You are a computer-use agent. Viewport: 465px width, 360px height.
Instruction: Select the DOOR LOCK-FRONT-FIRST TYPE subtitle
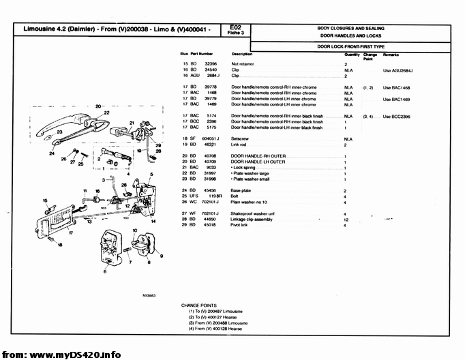[351, 46]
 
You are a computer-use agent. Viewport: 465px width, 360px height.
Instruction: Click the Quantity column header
[352, 54]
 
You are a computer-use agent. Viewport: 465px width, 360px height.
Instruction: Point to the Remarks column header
[391, 54]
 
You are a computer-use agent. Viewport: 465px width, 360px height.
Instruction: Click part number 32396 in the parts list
[210, 63]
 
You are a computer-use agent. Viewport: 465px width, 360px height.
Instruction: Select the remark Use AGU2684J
[399, 70]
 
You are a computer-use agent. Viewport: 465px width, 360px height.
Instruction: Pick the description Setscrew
[241, 138]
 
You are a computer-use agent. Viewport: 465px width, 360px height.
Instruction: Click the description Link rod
[241, 145]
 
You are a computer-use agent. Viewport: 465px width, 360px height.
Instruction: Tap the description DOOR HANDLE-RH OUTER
[258, 156]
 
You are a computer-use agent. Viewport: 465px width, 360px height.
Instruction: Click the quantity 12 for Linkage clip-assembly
[346, 220]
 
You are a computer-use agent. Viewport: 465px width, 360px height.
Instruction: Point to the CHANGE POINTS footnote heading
[198, 305]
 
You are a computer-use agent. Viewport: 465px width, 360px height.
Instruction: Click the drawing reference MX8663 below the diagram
[149, 296]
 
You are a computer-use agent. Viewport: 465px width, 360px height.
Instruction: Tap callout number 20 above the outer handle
[98, 106]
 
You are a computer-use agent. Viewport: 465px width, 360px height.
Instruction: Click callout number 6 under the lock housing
[104, 271]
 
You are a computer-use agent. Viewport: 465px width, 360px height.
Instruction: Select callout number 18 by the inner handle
[59, 244]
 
